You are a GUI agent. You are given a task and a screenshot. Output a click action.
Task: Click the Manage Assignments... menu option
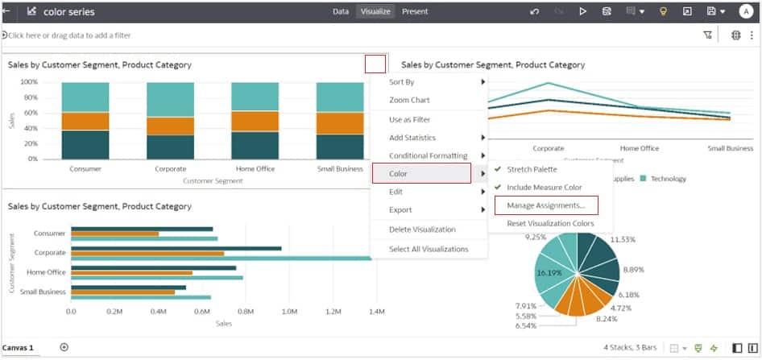[x=545, y=206]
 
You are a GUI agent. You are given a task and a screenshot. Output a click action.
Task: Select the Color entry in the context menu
[x=420, y=173]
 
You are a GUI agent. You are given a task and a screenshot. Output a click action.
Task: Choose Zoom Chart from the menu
[x=409, y=100]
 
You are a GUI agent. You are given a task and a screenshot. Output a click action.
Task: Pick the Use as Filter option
[x=409, y=119]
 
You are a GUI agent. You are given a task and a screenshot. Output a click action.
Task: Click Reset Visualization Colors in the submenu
[x=550, y=223]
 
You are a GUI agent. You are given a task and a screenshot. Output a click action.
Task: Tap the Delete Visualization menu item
[x=421, y=230]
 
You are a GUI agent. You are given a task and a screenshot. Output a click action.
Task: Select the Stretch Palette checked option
[x=532, y=169]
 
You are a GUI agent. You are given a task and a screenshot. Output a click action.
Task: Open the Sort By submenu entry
[x=402, y=82]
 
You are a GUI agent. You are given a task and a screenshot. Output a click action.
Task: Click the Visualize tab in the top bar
[x=375, y=12]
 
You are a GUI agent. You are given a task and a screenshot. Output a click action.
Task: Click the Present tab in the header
[x=415, y=12]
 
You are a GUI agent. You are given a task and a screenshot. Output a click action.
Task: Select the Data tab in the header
[x=341, y=12]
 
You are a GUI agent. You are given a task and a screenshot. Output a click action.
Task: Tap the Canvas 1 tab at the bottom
[x=18, y=348]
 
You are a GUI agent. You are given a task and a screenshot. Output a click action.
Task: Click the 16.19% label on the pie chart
[x=549, y=273]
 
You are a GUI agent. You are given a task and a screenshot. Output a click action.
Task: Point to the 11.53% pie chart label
[x=622, y=240]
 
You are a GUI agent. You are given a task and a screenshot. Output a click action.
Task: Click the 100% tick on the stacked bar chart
[x=29, y=82]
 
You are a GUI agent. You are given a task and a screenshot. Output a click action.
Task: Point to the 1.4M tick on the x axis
[x=375, y=310]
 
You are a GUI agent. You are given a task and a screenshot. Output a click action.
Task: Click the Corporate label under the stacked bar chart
[x=170, y=169]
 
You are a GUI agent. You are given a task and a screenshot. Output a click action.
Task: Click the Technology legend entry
[x=668, y=179]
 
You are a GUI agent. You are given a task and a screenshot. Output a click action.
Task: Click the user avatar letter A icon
[x=746, y=12]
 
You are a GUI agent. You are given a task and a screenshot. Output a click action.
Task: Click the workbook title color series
[x=68, y=12]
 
